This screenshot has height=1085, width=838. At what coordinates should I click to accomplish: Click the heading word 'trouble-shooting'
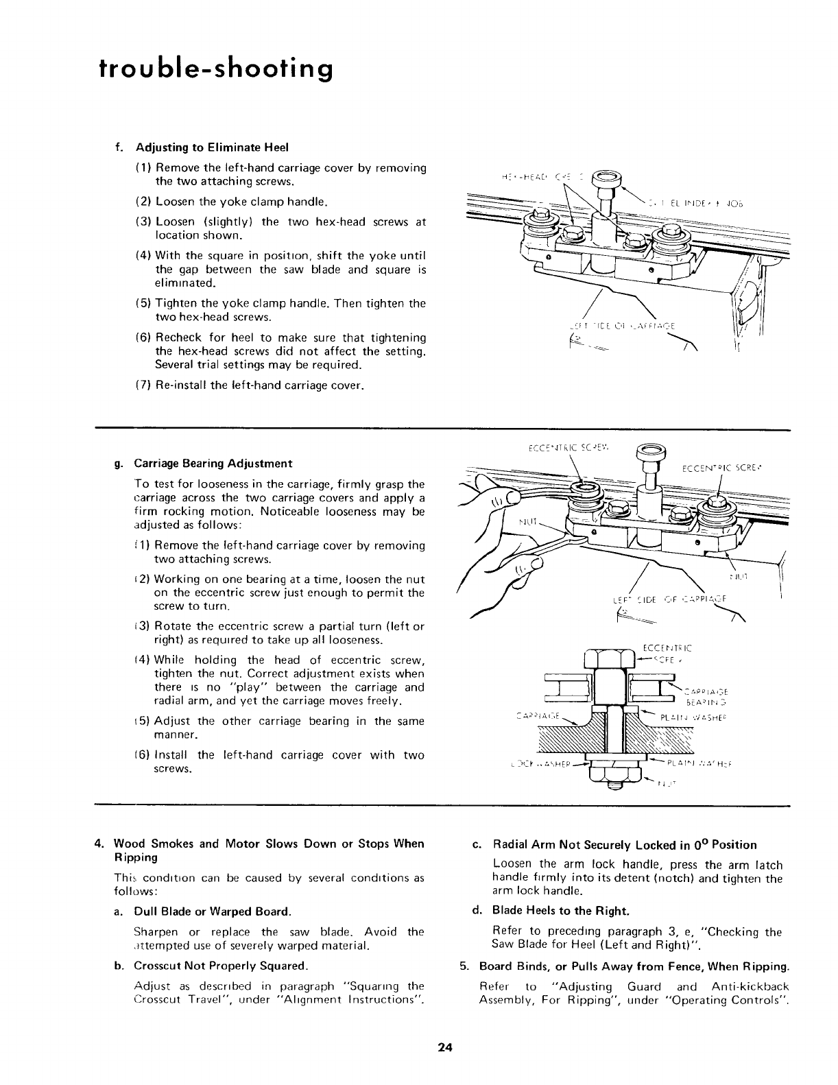coord(216,70)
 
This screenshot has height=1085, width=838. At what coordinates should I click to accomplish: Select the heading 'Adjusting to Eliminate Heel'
coord(212,147)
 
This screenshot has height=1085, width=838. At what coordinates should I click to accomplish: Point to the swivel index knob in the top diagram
coord(607,180)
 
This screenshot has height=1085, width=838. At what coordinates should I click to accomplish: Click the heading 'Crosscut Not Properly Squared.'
coord(222,966)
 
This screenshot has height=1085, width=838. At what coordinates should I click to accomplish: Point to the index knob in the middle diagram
coord(648,451)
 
